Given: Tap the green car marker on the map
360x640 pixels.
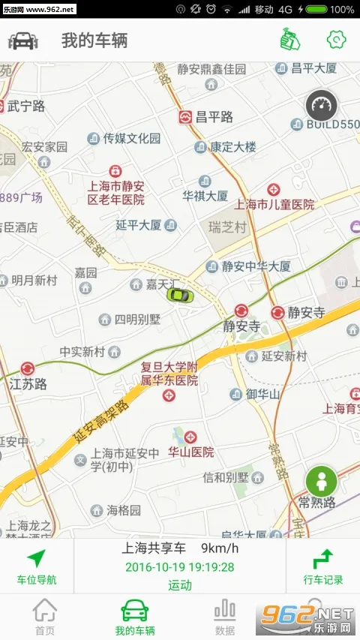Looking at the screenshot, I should tap(179, 293).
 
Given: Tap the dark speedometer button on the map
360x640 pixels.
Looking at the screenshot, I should tap(322, 105).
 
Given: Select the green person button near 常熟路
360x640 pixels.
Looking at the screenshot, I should tap(321, 480).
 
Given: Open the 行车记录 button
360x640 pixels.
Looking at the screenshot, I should tap(323, 566).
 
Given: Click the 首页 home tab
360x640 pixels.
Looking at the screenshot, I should tap(45, 617).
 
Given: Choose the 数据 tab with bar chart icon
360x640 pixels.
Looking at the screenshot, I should tap(224, 617).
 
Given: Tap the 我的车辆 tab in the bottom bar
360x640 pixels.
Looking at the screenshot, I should tap(135, 617).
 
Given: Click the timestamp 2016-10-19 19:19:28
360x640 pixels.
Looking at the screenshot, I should tap(179, 567).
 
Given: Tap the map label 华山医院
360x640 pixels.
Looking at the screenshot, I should tap(190, 452).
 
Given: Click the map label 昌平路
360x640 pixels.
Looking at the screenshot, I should tap(214, 117).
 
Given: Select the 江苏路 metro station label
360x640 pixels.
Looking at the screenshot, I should tap(28, 383).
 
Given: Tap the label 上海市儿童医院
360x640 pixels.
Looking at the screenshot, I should tap(274, 203).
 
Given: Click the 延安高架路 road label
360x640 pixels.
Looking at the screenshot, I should tap(102, 428).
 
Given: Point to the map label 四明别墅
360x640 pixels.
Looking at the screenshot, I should tap(136, 320).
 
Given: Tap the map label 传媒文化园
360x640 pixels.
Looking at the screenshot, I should tap(131, 138).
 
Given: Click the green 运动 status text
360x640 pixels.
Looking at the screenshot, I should tap(179, 585).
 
